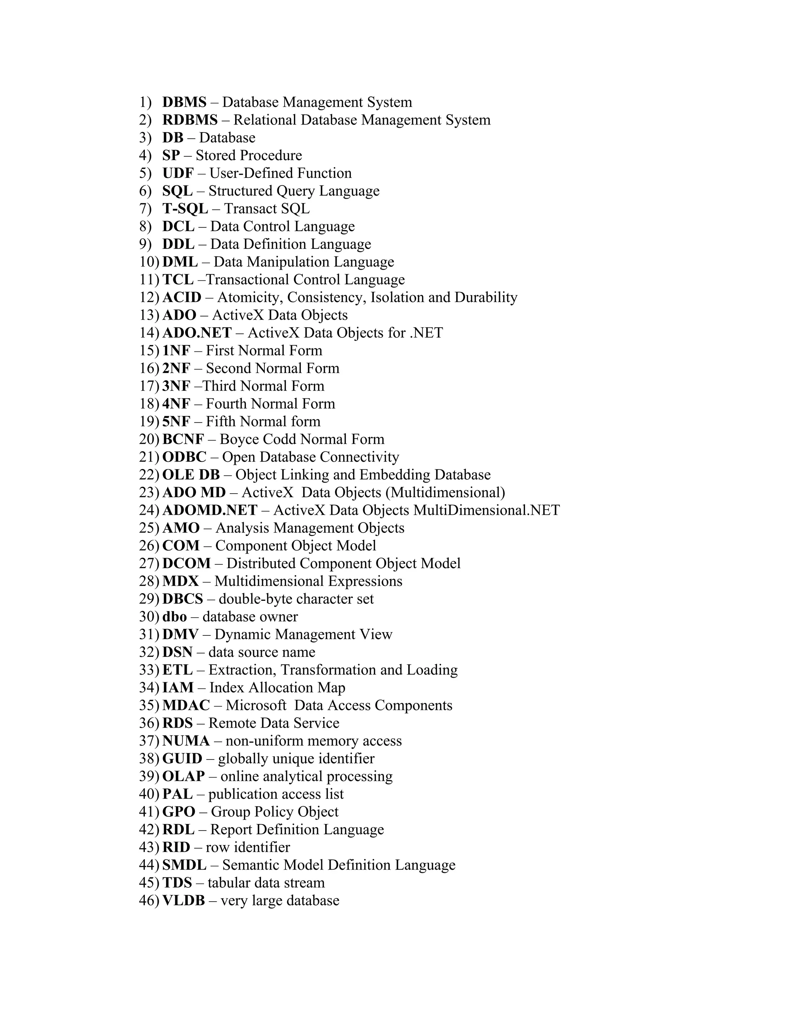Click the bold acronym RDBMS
pos(190,120)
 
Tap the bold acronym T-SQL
pos(185,209)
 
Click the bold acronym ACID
pos(182,297)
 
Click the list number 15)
pos(149,350)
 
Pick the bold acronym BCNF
pos(183,439)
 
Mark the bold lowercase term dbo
pos(174,617)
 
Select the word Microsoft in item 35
pos(256,706)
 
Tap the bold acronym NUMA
pos(186,741)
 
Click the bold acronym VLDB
pos(184,900)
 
